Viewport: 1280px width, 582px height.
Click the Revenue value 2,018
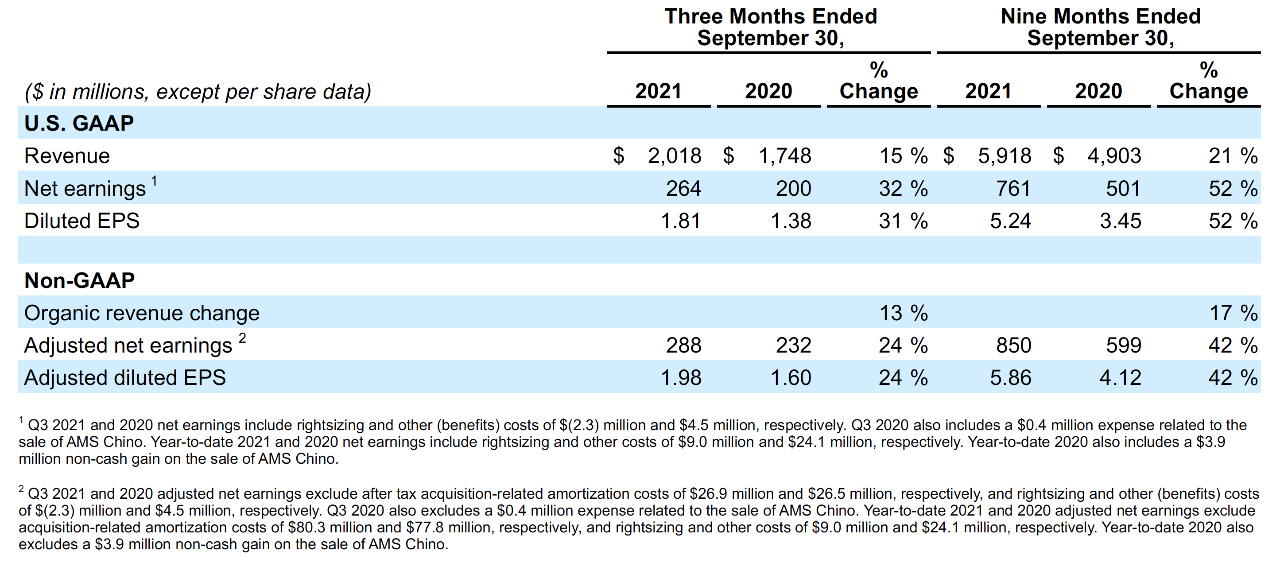coord(674,156)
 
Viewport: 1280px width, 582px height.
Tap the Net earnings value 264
coord(683,188)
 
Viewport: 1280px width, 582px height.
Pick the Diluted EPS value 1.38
coord(791,221)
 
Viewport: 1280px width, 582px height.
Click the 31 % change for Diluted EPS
coord(902,221)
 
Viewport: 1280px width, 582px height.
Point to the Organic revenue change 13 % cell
coord(902,313)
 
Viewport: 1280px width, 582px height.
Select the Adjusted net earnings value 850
coord(1013,345)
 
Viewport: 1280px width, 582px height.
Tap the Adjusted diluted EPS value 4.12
coord(1120,378)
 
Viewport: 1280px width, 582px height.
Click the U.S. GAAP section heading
coord(79,123)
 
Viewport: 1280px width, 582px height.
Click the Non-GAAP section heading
coord(80,280)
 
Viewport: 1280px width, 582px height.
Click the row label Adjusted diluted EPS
coord(125,378)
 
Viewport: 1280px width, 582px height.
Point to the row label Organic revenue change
coord(142,313)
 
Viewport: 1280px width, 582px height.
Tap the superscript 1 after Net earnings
coord(155,181)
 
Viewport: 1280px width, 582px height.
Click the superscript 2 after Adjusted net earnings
coord(242,338)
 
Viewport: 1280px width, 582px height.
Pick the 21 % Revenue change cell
coord(1232,156)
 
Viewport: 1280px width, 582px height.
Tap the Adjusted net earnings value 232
coord(793,345)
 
